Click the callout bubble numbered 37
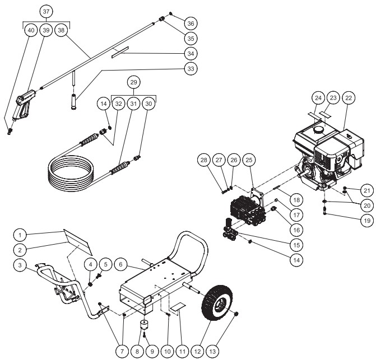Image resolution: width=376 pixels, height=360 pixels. point(45,12)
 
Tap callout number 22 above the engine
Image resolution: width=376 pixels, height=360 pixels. point(349,98)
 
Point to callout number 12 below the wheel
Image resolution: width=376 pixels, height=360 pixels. point(197,350)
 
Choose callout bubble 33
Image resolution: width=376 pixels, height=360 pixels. point(191,69)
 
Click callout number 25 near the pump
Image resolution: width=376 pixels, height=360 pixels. point(249,161)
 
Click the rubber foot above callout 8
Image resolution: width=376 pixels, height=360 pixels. point(145,325)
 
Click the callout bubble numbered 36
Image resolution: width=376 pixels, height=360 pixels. point(191,24)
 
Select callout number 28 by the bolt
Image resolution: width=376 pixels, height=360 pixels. point(204,161)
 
